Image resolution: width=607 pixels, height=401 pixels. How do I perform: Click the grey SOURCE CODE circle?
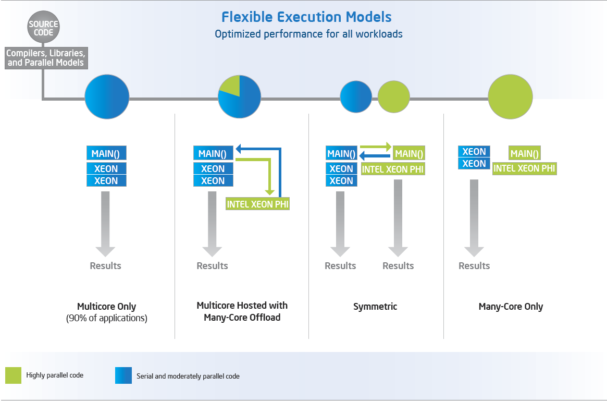[44, 28]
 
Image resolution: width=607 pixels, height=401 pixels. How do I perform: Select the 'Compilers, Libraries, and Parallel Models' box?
[45, 58]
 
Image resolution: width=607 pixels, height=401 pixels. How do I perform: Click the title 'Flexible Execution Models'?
[306, 17]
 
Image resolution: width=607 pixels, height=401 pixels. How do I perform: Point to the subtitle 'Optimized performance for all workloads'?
[308, 34]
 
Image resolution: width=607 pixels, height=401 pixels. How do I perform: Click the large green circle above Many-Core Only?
[510, 96]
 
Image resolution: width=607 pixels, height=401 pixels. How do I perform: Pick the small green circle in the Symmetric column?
[393, 97]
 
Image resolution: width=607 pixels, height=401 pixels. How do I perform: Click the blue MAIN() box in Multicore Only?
[106, 153]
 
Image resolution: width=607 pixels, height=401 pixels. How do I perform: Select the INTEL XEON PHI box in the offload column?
[257, 204]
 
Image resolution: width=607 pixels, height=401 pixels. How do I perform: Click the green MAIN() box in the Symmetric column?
[409, 154]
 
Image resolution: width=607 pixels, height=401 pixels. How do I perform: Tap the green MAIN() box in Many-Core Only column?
[525, 154]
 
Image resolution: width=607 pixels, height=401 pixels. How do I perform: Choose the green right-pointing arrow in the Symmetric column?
[376, 147]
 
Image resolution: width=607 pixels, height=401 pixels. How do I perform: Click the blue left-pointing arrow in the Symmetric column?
[375, 155]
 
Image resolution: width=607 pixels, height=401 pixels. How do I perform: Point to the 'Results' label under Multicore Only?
[105, 266]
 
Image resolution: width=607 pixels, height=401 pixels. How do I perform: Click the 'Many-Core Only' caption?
[511, 307]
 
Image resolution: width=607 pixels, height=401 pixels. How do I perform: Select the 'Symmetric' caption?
[375, 307]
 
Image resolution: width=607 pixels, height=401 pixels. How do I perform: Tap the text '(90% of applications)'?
[106, 318]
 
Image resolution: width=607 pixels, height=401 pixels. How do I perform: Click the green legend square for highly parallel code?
[14, 375]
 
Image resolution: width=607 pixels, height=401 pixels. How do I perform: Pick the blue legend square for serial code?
[123, 375]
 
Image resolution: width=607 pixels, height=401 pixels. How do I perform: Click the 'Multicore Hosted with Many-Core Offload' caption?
[242, 311]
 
